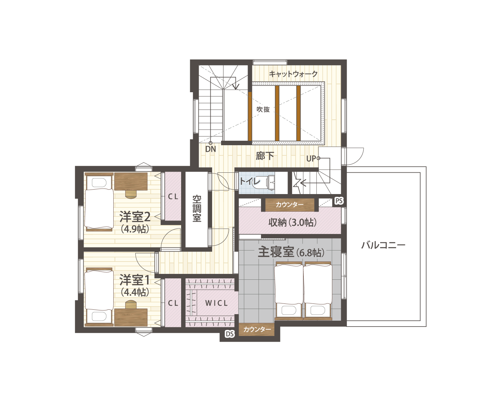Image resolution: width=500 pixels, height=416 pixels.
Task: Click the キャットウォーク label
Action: click(293, 74)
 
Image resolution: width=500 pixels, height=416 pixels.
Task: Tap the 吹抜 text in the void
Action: click(263, 109)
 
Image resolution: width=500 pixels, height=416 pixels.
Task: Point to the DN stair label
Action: click(210, 149)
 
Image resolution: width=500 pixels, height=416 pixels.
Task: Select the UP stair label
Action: click(311, 159)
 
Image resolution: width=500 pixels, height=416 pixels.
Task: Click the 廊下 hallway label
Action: click(265, 156)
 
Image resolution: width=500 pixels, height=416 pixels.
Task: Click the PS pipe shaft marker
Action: click(339, 201)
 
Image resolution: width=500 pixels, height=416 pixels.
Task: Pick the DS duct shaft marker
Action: click(230, 334)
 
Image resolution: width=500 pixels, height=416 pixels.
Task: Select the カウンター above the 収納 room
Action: click(290, 205)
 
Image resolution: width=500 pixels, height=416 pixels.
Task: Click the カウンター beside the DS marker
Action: click(257, 330)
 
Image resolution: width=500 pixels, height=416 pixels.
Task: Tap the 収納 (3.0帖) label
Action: click(292, 223)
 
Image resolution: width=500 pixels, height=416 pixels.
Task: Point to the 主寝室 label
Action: click(275, 252)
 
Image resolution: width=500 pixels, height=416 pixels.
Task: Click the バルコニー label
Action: click(383, 245)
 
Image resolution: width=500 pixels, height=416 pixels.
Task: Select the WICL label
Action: click(217, 303)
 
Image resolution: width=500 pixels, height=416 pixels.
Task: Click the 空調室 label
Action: click(197, 209)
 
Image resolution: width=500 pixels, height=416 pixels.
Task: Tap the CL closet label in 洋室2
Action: click(173, 197)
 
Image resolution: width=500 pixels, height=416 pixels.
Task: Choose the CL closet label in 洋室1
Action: click(173, 303)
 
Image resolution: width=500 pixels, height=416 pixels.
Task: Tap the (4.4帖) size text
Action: click(135, 292)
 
